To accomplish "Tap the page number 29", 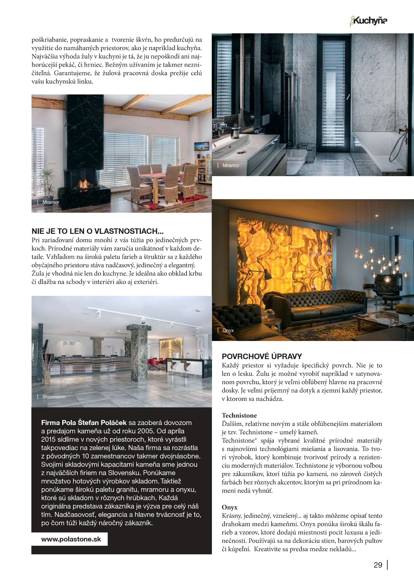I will click(x=378, y=565).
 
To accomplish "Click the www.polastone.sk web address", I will click(x=71, y=539).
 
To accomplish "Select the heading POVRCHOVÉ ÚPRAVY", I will click(x=262, y=356).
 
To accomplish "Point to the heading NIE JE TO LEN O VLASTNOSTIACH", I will click(x=97, y=231).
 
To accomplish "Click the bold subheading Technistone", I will click(x=239, y=415).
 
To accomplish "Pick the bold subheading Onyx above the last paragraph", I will click(x=230, y=507).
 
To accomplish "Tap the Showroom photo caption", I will click(x=54, y=397).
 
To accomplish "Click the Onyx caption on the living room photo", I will click(x=228, y=330).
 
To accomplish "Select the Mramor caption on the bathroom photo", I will click(x=231, y=165).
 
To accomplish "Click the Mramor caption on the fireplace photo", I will click(x=51, y=202).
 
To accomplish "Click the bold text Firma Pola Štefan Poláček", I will click(x=84, y=423).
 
